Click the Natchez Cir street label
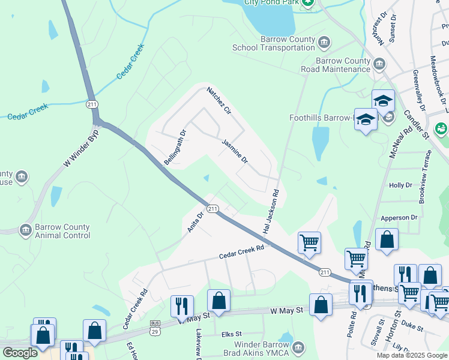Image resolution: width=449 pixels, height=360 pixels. pos(219,100)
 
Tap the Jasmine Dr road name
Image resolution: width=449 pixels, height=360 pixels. pos(235,152)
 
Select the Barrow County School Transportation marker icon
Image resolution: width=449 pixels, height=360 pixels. pos(324,42)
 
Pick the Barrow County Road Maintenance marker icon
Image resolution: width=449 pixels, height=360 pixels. pos(379,64)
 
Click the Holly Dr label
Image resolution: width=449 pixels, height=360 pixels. pos(401,186)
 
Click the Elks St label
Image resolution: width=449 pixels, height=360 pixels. pos(231,334)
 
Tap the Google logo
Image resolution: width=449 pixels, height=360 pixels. pos(20,353)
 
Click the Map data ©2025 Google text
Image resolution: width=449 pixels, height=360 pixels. pos(411,355)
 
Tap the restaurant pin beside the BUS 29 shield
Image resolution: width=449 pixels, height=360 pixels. pos(182,305)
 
